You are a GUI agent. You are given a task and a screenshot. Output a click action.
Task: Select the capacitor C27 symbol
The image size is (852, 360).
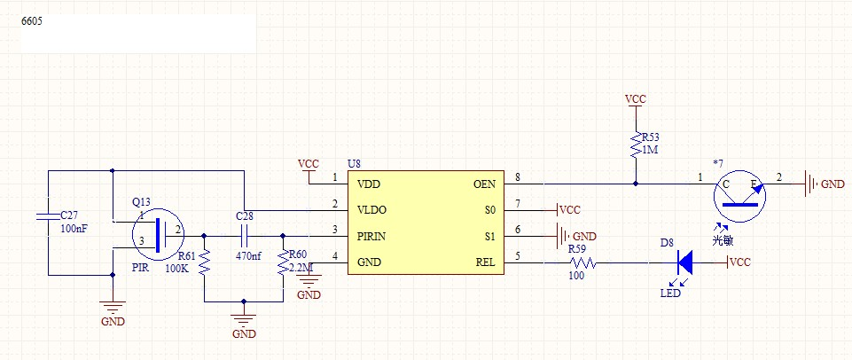[x=49, y=215]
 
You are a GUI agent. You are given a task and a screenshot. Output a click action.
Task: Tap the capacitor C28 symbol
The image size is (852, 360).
[x=244, y=236]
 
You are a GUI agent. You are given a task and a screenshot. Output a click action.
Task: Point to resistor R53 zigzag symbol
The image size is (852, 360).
[x=636, y=144]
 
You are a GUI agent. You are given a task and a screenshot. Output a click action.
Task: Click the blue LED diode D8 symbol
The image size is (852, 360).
[x=684, y=262]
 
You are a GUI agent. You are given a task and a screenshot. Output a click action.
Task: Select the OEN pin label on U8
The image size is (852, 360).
[x=484, y=184]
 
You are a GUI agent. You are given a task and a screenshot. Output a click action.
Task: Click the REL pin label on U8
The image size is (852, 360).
[x=486, y=263]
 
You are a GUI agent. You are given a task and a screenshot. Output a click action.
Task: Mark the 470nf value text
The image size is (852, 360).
[x=248, y=256]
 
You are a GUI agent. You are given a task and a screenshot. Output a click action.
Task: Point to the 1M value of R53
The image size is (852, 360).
[x=651, y=150]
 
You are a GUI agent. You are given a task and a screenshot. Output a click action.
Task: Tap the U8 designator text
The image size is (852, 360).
[x=354, y=164]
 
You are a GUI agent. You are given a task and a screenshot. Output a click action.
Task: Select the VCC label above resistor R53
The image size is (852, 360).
[x=635, y=99]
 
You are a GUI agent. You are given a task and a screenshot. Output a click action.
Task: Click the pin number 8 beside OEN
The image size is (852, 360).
[x=517, y=178]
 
